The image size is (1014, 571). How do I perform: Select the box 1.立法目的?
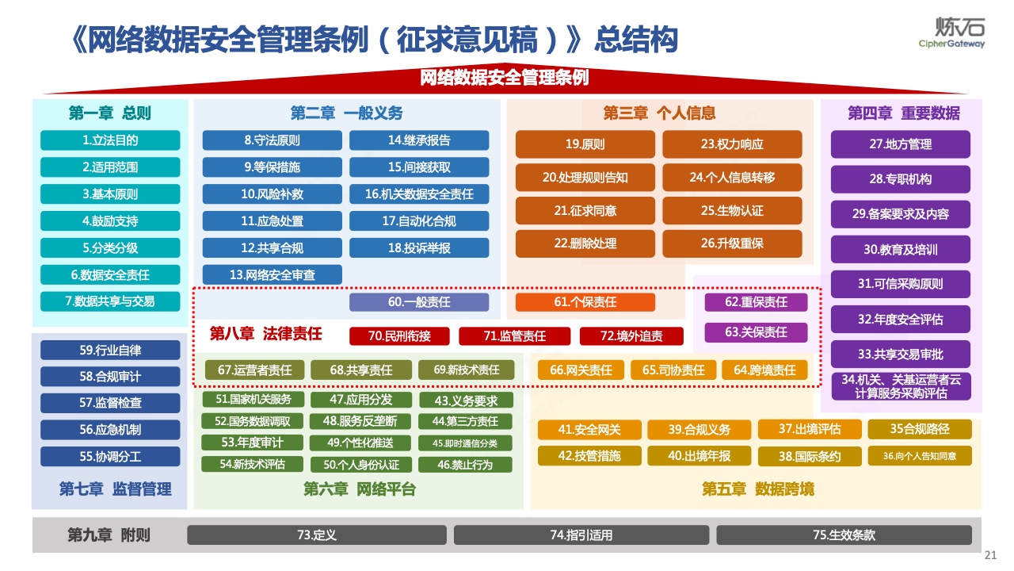(x=110, y=140)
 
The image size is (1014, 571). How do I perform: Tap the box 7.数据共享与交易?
(x=110, y=301)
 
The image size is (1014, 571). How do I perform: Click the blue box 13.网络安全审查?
(x=272, y=274)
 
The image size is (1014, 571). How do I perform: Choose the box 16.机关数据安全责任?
(x=419, y=194)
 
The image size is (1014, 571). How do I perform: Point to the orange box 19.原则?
(x=585, y=144)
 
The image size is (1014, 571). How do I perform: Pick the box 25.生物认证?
(x=733, y=211)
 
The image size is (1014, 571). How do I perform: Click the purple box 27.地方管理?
(x=901, y=144)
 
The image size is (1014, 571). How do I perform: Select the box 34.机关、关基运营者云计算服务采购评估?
(x=902, y=386)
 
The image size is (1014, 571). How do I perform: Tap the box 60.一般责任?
(x=419, y=302)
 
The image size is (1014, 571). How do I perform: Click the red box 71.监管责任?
(x=515, y=336)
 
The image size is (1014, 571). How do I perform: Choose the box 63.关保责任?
(x=756, y=332)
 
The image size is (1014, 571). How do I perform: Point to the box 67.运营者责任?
(x=255, y=370)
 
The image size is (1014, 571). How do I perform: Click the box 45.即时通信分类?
(x=465, y=443)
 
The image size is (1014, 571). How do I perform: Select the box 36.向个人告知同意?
(x=920, y=456)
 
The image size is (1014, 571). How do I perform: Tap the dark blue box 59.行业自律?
(x=110, y=351)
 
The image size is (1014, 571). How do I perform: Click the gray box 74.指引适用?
(x=581, y=535)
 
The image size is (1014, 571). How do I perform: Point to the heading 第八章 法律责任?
(x=265, y=334)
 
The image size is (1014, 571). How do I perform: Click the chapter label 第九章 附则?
(x=109, y=535)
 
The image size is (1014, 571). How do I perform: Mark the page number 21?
(x=990, y=555)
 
